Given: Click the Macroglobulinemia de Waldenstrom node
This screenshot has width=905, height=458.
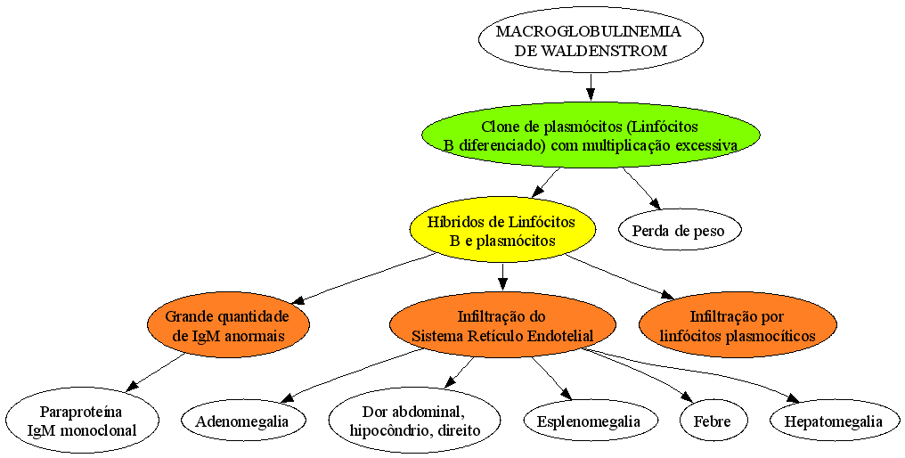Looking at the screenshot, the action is [591, 41].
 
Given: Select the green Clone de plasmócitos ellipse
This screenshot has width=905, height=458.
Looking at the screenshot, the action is [591, 135].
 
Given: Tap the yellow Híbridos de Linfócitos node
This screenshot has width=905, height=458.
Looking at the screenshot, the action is [501, 231].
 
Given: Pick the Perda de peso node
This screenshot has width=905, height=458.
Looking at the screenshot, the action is [678, 231].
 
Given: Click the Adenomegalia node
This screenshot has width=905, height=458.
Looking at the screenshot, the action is [241, 421].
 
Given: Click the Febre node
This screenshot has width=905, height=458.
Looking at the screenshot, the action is [713, 421].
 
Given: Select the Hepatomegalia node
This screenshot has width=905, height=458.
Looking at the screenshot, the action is [834, 421].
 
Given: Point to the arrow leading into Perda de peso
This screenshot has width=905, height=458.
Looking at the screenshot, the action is [641, 188].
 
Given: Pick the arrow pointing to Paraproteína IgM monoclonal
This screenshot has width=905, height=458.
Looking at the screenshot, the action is [155, 373].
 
